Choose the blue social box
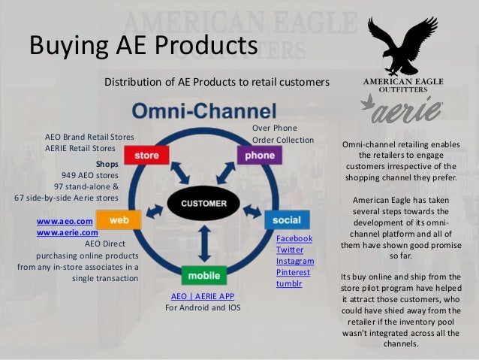click(287, 220)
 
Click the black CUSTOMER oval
click(204, 203)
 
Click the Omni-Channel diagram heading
click(204, 110)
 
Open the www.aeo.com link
click(64, 222)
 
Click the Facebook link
click(294, 238)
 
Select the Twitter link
click(290, 250)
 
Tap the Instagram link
click(295, 261)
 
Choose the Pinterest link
click(294, 272)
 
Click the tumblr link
click(289, 283)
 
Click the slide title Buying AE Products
click(143, 47)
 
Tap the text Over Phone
click(274, 129)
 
